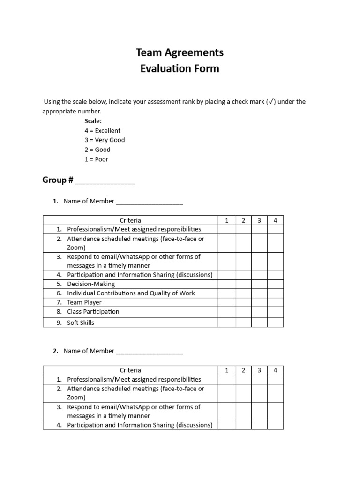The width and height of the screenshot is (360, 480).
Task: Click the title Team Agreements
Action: pyautogui.click(x=180, y=52)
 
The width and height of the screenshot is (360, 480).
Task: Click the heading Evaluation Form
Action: pyautogui.click(x=180, y=68)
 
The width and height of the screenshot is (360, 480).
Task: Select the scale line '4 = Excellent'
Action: pyautogui.click(x=102, y=131)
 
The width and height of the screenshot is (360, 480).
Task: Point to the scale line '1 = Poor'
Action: pyautogui.click(x=96, y=159)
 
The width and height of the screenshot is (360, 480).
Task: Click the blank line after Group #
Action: pyautogui.click(x=105, y=181)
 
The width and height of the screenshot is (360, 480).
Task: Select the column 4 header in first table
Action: pyautogui.click(x=275, y=220)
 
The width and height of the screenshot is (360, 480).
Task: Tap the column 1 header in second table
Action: pyautogui.click(x=227, y=370)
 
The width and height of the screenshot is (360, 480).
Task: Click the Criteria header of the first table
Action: pyautogui.click(x=130, y=220)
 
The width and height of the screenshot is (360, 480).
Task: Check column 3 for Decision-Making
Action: pyautogui.click(x=259, y=284)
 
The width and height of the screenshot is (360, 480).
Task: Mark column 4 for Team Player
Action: pyautogui.click(x=275, y=302)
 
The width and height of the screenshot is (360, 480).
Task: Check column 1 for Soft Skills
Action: pyautogui.click(x=227, y=322)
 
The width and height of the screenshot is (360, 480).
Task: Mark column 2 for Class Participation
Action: pyautogui.click(x=243, y=312)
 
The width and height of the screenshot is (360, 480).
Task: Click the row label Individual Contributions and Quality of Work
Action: pyautogui.click(x=131, y=293)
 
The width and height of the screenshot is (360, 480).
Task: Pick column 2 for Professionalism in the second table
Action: pyautogui.click(x=243, y=380)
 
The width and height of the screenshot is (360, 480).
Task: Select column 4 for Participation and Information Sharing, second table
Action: pyautogui.click(x=275, y=425)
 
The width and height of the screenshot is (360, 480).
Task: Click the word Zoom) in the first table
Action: pyautogui.click(x=76, y=247)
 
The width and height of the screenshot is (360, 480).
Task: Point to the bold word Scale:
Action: pyautogui.click(x=93, y=121)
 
